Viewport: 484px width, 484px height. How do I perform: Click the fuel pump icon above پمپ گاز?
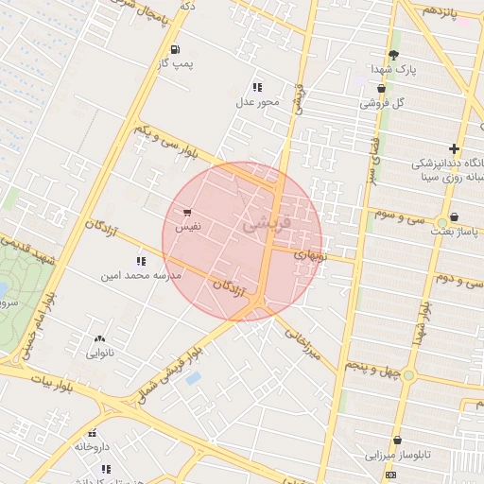click(x=175, y=49)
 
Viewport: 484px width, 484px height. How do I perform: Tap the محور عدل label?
click(x=256, y=101)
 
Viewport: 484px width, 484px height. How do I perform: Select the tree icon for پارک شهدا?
click(x=394, y=55)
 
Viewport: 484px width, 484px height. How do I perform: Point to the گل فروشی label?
click(x=382, y=102)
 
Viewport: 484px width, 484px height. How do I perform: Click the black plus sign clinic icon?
click(x=455, y=148)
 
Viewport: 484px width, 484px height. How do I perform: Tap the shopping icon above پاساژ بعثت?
click(x=454, y=216)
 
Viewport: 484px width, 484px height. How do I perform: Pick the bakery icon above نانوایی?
click(x=99, y=338)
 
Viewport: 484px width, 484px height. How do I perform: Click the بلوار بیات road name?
click(x=50, y=385)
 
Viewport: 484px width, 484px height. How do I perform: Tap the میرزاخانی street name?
click(x=302, y=342)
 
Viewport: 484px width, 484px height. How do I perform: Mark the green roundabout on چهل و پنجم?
click(x=408, y=375)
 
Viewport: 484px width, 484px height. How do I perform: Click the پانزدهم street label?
click(x=440, y=10)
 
